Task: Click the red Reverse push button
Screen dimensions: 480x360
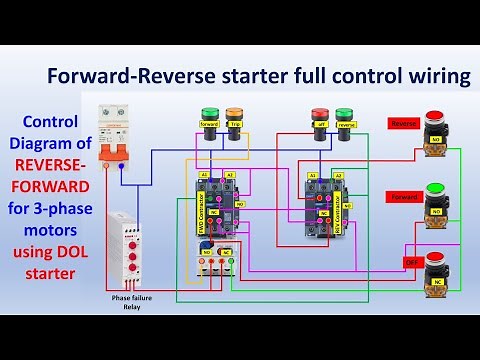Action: (435, 131)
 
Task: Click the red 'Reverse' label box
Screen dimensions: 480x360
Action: (402, 123)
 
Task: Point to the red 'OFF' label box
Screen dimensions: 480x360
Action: (410, 262)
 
